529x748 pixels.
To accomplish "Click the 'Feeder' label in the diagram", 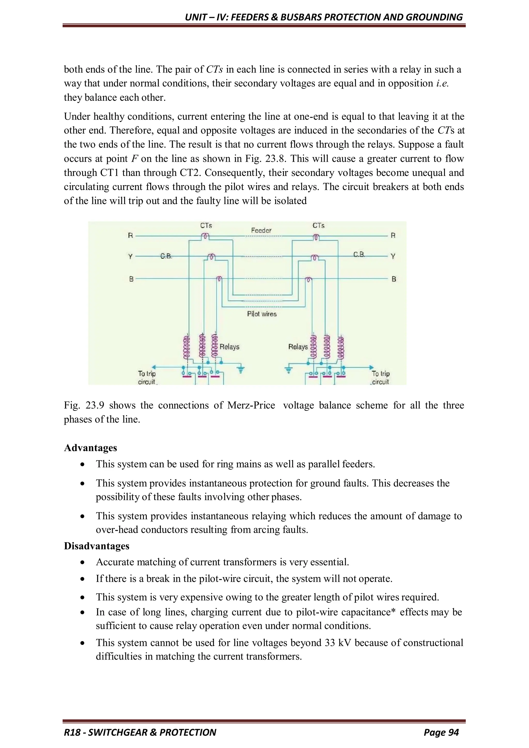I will point(261,230).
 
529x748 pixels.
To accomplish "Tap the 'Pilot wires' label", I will point(262,314).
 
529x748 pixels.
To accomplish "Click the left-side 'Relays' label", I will point(229,347).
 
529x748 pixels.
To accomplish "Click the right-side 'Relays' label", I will point(298,347).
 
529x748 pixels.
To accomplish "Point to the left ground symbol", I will point(241,369).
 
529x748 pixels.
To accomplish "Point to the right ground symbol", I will point(288,369).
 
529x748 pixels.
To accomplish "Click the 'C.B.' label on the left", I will point(166,256).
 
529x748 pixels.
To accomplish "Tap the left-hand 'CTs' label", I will point(206,226).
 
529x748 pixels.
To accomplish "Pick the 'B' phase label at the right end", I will point(393,279).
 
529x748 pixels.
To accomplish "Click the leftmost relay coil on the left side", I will point(187,347).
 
